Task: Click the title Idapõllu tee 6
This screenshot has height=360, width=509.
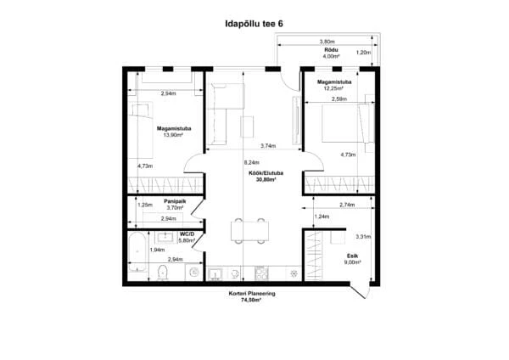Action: (255, 24)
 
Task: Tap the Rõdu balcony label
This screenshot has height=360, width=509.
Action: (331, 50)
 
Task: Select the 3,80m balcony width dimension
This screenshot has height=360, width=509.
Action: (327, 42)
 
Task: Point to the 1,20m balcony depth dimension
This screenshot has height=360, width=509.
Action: (364, 53)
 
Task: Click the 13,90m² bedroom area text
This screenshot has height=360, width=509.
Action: (173, 135)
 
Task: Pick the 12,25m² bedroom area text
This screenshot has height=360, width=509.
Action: (333, 88)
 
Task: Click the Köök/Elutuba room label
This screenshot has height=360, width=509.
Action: (266, 173)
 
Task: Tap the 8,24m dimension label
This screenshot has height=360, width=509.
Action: (252, 162)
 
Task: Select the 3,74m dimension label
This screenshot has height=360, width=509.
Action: (268, 146)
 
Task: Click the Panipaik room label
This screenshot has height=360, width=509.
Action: (175, 201)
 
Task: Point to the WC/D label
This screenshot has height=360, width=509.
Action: (187, 234)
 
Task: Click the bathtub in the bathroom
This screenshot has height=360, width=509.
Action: (137, 253)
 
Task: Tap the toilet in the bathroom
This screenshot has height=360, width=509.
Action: (162, 273)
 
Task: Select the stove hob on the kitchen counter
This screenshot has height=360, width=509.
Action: (261, 273)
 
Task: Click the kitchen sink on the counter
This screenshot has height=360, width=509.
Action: (215, 274)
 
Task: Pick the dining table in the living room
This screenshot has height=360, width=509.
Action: (249, 231)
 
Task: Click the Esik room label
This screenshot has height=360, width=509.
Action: (353, 256)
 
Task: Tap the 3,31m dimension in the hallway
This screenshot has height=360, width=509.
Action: (363, 237)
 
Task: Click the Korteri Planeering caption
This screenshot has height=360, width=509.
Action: (252, 294)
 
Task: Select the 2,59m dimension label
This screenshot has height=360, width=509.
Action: (339, 98)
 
